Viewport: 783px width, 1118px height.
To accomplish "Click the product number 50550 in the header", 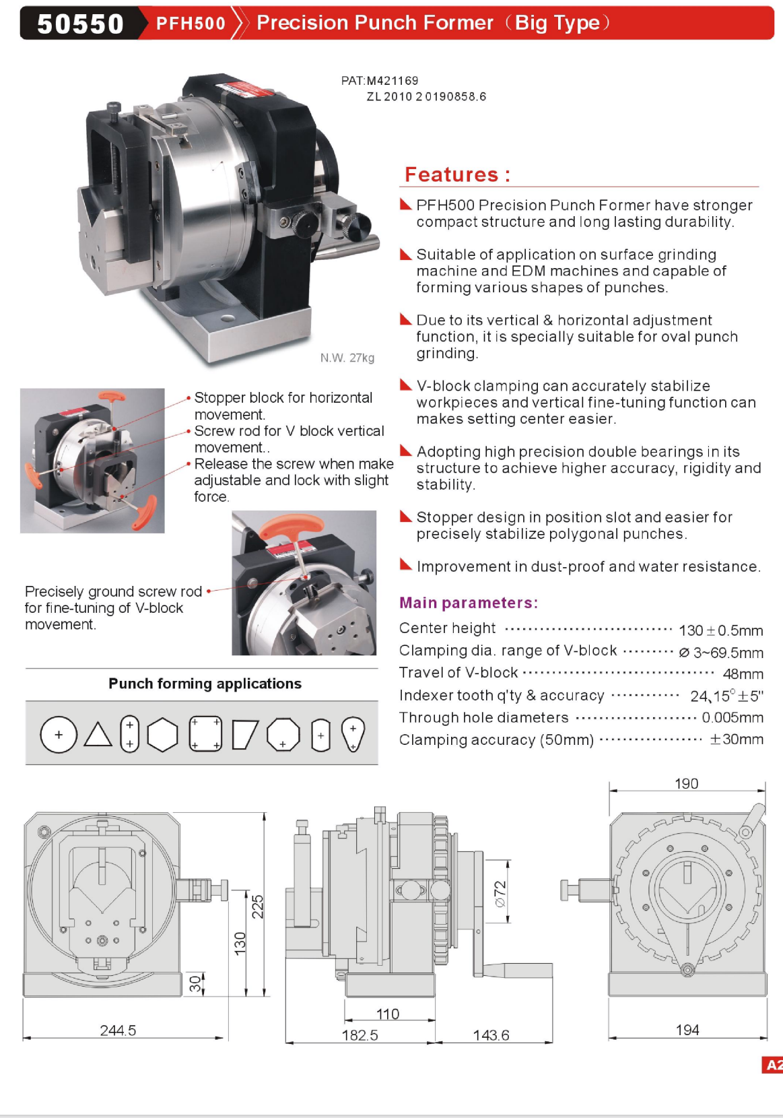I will click(80, 24).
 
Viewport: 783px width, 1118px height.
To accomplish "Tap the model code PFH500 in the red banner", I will click(191, 24).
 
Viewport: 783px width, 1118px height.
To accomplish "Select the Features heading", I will click(457, 175).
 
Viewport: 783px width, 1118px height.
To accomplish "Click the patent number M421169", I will click(392, 81).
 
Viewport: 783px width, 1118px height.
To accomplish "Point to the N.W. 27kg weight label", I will click(347, 358).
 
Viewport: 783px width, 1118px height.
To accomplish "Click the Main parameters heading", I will click(468, 603).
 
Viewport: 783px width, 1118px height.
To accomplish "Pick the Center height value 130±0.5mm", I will click(720, 630).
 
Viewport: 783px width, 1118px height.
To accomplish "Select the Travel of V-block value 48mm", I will click(743, 674).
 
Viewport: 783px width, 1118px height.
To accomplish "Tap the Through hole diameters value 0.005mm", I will click(732, 718).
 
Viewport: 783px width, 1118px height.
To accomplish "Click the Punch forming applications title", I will click(205, 684).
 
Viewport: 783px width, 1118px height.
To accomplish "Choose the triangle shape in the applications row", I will click(98, 735).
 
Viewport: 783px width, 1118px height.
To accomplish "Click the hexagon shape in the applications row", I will click(162, 734).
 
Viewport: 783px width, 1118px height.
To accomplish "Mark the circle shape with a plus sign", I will click(59, 734).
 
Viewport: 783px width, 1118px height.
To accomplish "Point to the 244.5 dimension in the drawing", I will click(118, 1030).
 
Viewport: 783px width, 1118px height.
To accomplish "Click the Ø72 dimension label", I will click(500, 894).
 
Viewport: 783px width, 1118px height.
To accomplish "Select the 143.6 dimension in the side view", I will click(491, 1035).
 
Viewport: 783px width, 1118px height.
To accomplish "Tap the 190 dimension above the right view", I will click(686, 784).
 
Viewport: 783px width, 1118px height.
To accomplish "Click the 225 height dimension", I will click(257, 907).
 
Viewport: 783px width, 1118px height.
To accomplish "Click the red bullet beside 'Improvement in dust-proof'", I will click(405, 564).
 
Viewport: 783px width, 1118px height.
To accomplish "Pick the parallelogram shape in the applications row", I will click(245, 734).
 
